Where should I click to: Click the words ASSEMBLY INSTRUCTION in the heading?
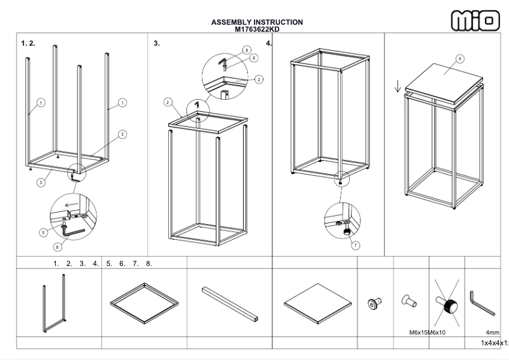(x=257, y=23)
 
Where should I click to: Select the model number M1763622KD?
(x=257, y=29)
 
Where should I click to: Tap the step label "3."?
(x=157, y=43)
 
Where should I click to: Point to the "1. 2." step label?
(x=28, y=43)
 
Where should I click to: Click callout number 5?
(x=43, y=232)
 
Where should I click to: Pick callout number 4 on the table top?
(x=459, y=58)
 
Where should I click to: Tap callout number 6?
(x=253, y=58)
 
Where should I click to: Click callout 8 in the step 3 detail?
(x=247, y=49)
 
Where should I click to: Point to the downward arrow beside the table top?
(x=398, y=86)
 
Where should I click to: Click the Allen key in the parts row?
(x=482, y=303)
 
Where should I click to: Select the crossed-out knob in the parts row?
(x=447, y=304)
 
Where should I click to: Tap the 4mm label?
(x=492, y=332)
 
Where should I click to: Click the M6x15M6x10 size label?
(x=429, y=332)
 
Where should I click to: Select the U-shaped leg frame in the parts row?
(x=55, y=303)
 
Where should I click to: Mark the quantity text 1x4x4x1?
(x=494, y=343)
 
